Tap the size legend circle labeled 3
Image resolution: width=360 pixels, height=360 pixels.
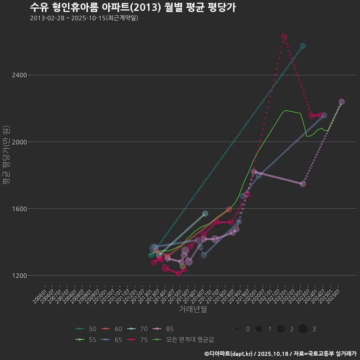pyautogui.click(x=303, y=329)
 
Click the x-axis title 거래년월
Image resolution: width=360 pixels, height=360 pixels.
pyautogui.click(x=193, y=309)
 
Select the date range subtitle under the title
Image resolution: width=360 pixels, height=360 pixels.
pyautogui.click(x=84, y=18)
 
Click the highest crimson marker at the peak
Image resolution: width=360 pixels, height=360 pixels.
pyautogui.click(x=284, y=36)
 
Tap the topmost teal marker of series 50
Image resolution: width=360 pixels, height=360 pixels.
pyautogui.click(x=303, y=46)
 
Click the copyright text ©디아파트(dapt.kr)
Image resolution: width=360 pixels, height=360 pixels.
pyautogui.click(x=229, y=353)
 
